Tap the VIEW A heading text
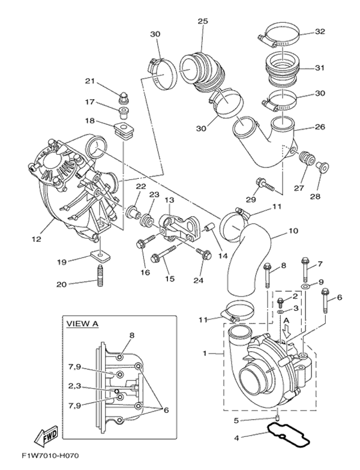(82, 324)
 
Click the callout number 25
(203, 21)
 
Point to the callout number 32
(320, 32)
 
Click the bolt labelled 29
(265, 184)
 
